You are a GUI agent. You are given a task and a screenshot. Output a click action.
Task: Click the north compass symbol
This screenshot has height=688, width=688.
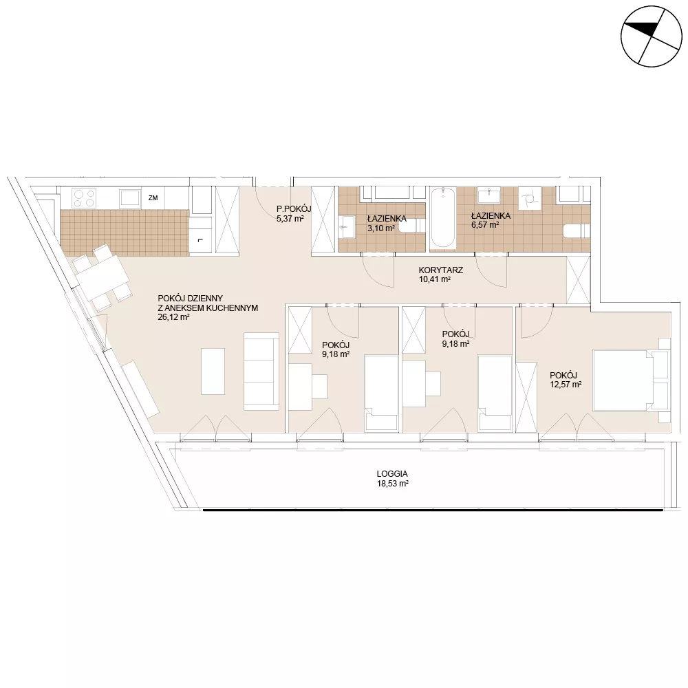[x=652, y=36]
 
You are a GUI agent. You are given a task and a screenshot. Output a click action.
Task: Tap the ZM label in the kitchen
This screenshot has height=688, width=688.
[x=153, y=198]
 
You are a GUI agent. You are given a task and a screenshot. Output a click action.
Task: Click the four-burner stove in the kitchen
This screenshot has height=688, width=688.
[x=84, y=198]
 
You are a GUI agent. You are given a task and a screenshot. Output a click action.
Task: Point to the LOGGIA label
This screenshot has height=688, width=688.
[x=392, y=474]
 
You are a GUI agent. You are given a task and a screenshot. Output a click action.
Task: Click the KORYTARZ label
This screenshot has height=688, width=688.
[x=440, y=270]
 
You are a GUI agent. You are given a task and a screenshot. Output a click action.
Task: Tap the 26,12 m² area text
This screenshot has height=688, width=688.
[x=173, y=317]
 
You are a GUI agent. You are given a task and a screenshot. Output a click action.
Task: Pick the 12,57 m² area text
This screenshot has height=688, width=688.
[x=566, y=385]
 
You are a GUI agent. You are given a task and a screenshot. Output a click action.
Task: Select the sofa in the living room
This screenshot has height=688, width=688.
[x=261, y=372]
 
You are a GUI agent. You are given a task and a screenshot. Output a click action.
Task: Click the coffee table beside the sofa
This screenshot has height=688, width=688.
[x=213, y=372]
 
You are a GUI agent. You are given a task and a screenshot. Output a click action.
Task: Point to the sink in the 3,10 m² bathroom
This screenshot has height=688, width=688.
[x=346, y=227]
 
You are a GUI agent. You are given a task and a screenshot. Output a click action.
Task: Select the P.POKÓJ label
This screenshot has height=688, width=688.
[x=294, y=209]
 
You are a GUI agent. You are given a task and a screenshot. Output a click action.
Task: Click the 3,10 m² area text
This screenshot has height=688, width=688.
[x=381, y=228]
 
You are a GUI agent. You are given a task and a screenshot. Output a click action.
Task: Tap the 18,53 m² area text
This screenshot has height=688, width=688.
[x=392, y=484]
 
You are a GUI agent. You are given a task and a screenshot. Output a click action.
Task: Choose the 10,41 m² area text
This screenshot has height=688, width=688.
[x=435, y=279]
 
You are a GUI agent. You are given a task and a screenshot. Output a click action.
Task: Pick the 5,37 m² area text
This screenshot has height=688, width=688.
[x=290, y=218]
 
